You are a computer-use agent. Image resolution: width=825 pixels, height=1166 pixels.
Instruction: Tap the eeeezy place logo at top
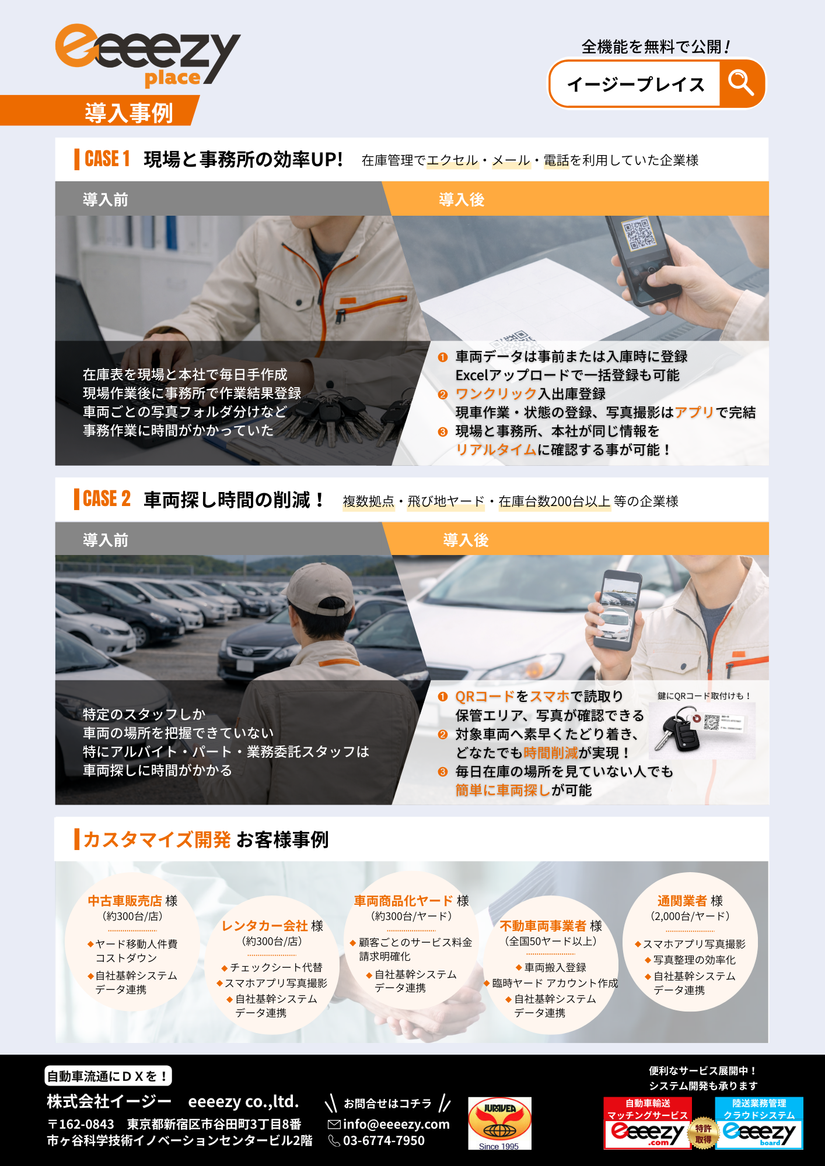tap(148, 56)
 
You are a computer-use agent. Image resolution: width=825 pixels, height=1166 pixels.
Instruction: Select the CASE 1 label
tap(107, 159)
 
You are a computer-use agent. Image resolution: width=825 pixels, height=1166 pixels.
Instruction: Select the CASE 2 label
tap(107, 498)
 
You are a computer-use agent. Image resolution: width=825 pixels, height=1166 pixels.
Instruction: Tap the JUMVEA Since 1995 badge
tap(499, 1123)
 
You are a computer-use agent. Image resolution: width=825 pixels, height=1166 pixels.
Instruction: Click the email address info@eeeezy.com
tap(396, 1124)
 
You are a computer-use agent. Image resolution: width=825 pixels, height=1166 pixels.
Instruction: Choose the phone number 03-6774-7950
tap(383, 1140)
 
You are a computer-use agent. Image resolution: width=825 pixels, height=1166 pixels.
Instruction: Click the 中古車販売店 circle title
tap(125, 901)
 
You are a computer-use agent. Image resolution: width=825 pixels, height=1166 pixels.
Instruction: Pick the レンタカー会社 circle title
tap(264, 926)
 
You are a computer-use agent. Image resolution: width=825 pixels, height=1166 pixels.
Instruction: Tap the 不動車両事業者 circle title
tap(543, 926)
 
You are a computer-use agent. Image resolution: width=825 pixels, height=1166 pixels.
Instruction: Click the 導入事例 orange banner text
tap(129, 113)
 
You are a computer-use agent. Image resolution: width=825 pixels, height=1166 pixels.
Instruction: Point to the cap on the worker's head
tap(319, 587)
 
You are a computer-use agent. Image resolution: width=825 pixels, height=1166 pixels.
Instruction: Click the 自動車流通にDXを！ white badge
tap(108, 1076)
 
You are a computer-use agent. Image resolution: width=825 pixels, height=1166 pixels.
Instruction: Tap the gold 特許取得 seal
tap(703, 1134)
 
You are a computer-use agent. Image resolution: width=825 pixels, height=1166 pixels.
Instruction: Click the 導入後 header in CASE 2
tap(466, 540)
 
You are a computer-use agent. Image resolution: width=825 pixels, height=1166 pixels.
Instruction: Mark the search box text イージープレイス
tap(636, 85)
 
